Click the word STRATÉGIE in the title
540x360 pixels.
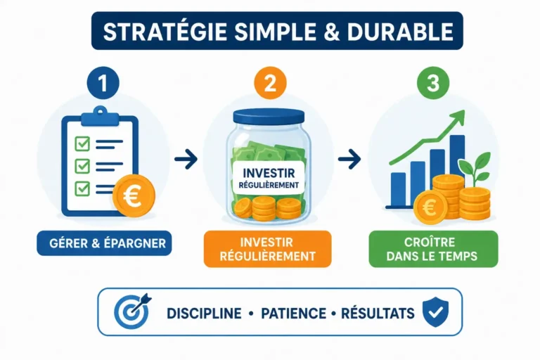click(x=165, y=32)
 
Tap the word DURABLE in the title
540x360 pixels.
click(x=400, y=32)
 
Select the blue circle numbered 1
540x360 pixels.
click(x=103, y=83)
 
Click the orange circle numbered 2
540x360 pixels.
click(x=270, y=83)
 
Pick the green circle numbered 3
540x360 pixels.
click(x=433, y=83)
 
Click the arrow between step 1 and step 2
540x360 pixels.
click(x=186, y=159)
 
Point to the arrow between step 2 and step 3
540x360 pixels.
click(x=349, y=159)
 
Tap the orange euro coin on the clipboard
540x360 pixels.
click(x=134, y=196)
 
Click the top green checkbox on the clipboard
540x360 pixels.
click(x=82, y=143)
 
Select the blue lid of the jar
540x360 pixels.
click(x=269, y=116)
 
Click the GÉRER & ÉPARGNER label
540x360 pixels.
click(x=104, y=243)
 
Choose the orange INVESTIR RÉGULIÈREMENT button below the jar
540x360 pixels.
click(x=268, y=249)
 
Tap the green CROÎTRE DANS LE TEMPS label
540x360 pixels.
click(x=433, y=249)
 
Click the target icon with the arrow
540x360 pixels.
click(x=132, y=311)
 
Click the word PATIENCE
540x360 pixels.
click(x=293, y=314)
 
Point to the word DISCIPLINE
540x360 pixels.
click(x=204, y=314)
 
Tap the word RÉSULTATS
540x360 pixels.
click(x=378, y=313)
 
